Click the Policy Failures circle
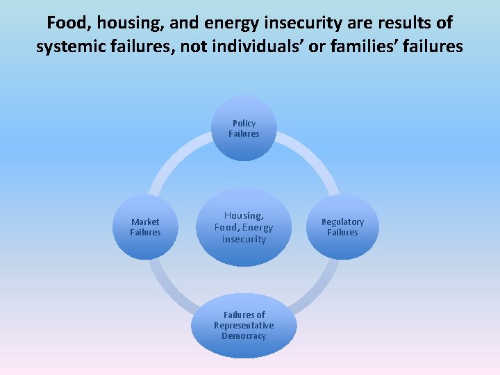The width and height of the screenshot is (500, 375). point(244,128)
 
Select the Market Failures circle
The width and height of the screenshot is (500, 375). point(145,227)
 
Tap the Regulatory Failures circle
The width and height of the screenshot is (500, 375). point(342,227)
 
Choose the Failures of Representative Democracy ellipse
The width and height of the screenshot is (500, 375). point(244,326)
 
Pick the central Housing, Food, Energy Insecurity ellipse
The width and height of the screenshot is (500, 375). point(244,227)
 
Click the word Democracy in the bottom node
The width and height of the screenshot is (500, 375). point(244,336)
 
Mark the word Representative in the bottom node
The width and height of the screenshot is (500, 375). point(244,326)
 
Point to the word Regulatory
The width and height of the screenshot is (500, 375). point(342,222)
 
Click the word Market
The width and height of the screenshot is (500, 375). point(145,222)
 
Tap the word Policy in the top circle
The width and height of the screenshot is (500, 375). point(244,124)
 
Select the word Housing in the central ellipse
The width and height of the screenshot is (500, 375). point(244,216)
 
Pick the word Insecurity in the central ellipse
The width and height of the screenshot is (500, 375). point(244,240)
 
